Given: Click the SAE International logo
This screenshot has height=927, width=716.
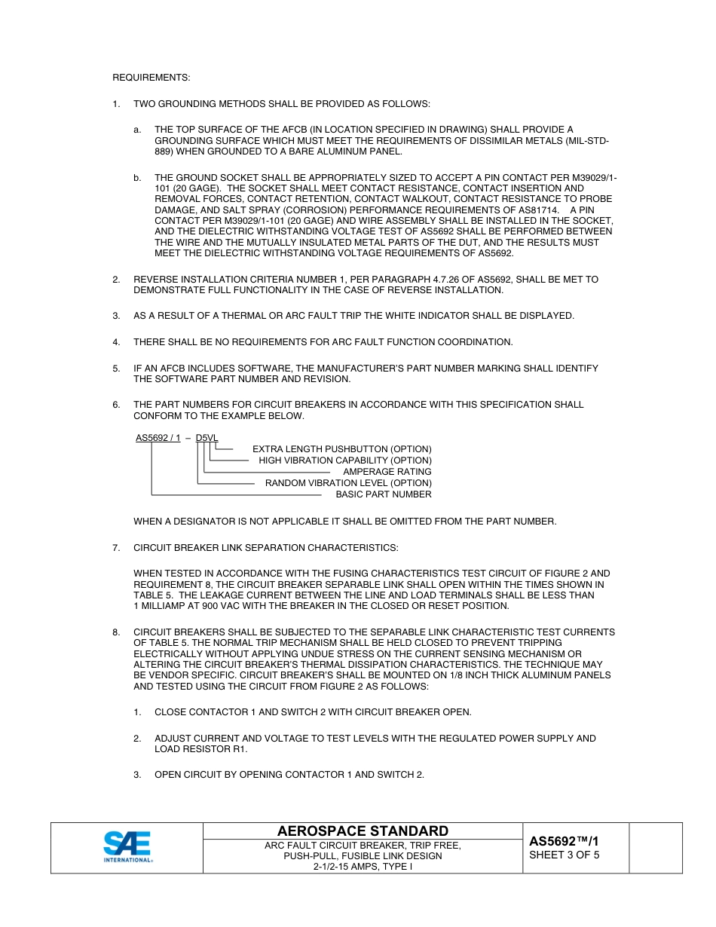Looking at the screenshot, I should (127, 847).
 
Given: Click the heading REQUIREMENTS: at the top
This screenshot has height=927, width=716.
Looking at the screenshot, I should (151, 78).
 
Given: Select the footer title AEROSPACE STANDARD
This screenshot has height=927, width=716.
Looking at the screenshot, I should (363, 831).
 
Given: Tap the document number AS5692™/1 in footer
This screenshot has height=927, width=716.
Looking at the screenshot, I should (564, 841).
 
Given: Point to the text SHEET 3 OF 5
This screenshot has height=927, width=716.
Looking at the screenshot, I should (564, 855).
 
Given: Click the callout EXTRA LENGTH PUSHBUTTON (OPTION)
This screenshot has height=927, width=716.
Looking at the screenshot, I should (341, 449).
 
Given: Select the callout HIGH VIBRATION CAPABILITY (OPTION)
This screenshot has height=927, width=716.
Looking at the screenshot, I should (345, 460).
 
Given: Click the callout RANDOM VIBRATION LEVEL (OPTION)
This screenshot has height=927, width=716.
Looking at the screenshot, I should (348, 483).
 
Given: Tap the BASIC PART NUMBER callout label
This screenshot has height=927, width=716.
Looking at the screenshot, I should (384, 494).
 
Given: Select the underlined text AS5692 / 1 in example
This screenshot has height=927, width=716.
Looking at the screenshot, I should (158, 438).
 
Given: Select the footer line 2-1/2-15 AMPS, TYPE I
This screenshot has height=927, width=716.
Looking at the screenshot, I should (363, 867).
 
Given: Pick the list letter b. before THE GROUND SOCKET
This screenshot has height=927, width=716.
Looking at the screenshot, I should (137, 178).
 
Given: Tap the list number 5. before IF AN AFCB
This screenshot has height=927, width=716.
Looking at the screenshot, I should (116, 369).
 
